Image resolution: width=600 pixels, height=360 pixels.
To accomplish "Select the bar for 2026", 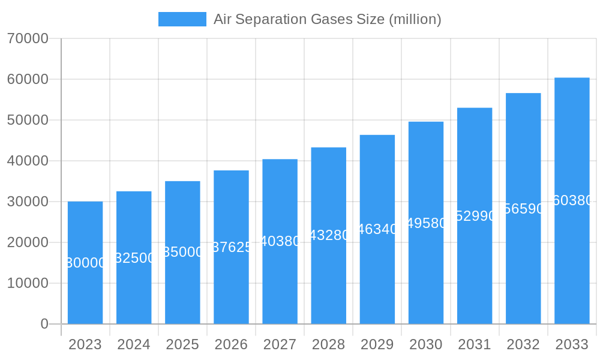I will click(x=231, y=282).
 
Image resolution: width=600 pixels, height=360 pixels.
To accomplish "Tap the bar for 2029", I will click(x=377, y=276).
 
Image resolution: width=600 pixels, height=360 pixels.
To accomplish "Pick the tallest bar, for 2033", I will click(x=572, y=264).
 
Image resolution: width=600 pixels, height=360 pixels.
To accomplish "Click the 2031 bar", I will click(x=475, y=270).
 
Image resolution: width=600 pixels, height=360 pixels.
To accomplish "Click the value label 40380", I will click(x=280, y=241).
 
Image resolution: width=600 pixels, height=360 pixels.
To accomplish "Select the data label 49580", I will click(x=426, y=223).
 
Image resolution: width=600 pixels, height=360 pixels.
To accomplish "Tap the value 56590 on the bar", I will click(x=523, y=209).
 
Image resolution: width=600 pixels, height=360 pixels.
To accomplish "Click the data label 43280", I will click(x=329, y=235).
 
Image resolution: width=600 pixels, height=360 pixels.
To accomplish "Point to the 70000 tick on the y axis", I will click(x=28, y=38).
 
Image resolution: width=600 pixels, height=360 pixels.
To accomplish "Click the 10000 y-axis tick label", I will click(x=28, y=283).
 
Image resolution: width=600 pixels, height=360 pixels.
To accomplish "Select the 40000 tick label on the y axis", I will click(x=28, y=161).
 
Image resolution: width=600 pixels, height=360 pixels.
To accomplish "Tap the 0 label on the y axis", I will click(x=44, y=324).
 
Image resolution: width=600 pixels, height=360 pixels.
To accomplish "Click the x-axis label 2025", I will click(x=182, y=344).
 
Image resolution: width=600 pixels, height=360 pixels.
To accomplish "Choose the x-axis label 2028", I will click(x=328, y=344).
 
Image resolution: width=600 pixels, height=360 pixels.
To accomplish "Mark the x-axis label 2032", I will click(x=523, y=344).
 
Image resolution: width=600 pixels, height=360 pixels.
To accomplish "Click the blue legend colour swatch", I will click(x=182, y=19).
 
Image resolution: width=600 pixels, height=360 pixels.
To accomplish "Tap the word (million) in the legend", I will click(x=415, y=19).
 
